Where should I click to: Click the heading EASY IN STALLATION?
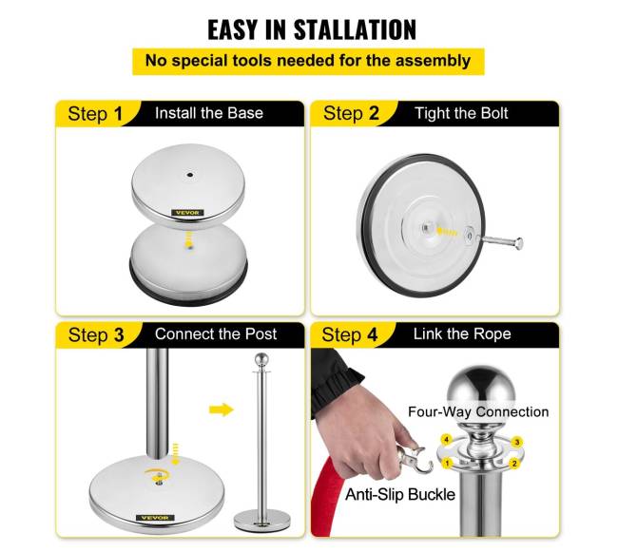point(312,29)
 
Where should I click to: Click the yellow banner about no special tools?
point(308,61)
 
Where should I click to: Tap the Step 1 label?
point(95,114)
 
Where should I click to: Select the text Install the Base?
point(209,113)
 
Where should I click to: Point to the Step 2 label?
point(351,113)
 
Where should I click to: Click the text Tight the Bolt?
point(461,113)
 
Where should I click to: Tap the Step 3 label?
point(96,335)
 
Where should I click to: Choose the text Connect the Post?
point(216,333)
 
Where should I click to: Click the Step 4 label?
point(350,334)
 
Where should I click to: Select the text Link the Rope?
point(462,333)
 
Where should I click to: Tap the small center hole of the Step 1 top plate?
point(190,175)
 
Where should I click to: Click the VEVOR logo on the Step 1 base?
point(187,213)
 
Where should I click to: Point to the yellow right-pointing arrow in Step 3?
point(222,409)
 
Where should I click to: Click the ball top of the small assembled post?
point(261,359)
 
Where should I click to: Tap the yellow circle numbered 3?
point(517,442)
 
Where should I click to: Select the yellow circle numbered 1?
point(447,463)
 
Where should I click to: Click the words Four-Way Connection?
point(478,411)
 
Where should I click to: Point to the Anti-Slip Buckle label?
point(400,494)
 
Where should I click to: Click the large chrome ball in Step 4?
point(480,388)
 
